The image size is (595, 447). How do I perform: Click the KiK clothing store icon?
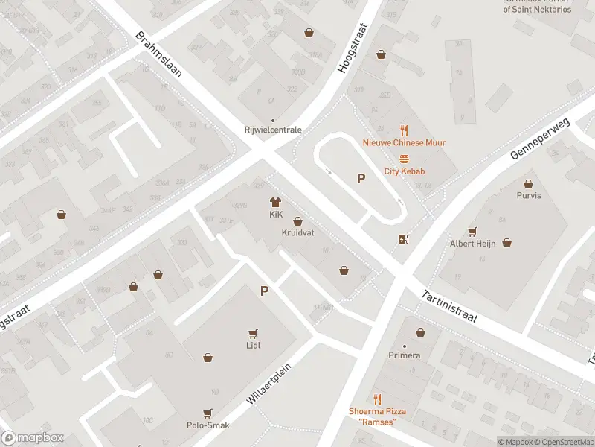[274, 202]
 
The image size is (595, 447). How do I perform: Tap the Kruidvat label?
[297, 233]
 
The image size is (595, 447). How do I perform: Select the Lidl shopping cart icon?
[254, 333]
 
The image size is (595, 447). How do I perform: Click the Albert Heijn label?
[472, 244]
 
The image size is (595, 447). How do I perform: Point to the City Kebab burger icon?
[405, 158]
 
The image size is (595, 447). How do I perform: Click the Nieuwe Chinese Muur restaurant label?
[404, 142]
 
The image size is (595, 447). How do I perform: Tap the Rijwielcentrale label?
[273, 130]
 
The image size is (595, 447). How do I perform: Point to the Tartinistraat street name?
[458, 305]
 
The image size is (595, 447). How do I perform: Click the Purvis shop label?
[529, 195]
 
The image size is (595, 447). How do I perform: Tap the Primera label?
[405, 355]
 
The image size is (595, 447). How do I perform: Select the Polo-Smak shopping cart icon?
[208, 412]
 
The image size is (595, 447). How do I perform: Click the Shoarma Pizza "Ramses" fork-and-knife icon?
[377, 399]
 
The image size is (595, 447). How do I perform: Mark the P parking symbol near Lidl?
[264, 291]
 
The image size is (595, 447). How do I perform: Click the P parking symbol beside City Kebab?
[361, 178]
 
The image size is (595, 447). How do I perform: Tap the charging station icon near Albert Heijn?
[403, 239]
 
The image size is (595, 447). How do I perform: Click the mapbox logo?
[32, 438]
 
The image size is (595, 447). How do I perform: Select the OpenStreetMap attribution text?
[562, 442]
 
